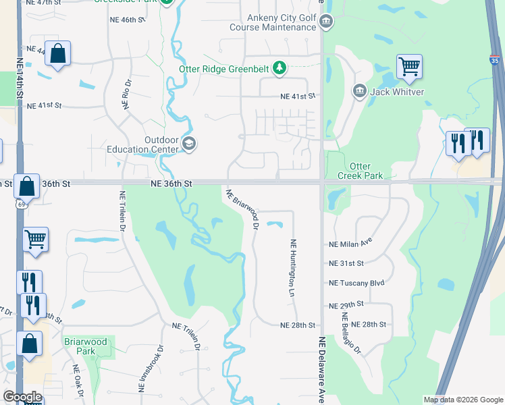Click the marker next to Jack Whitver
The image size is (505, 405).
click(x=359, y=90)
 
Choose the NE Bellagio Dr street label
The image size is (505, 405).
click(x=352, y=333)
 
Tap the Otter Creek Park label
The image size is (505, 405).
click(x=365, y=171)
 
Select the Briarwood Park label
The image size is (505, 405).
click(x=86, y=346)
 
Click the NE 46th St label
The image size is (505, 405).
click(x=128, y=20)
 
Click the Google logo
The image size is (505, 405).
click(x=22, y=397)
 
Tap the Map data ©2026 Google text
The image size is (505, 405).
click(x=462, y=400)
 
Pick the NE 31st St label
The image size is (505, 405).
click(x=346, y=263)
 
